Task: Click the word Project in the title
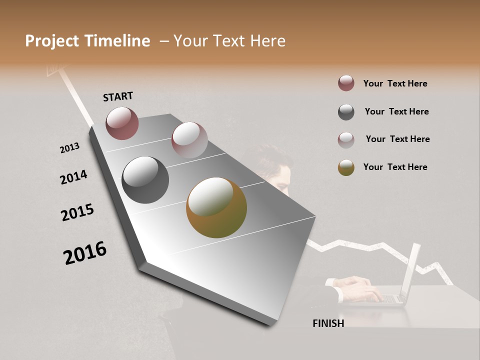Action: coord(52,41)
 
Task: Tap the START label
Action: coord(118,96)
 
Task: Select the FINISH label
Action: coord(328,323)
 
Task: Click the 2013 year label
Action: coord(70,148)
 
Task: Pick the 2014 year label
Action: coord(73,177)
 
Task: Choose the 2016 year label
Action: coord(85,253)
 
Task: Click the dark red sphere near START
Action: coord(122,123)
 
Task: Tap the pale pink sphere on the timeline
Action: coord(189,140)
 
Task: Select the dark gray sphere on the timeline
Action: coord(145,180)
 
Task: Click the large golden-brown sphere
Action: coord(216,207)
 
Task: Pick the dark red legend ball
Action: coord(346,83)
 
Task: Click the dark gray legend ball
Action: coord(346,112)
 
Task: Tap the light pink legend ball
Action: coord(346,140)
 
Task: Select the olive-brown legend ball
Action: coord(346,167)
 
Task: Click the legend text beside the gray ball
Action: coord(396,111)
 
